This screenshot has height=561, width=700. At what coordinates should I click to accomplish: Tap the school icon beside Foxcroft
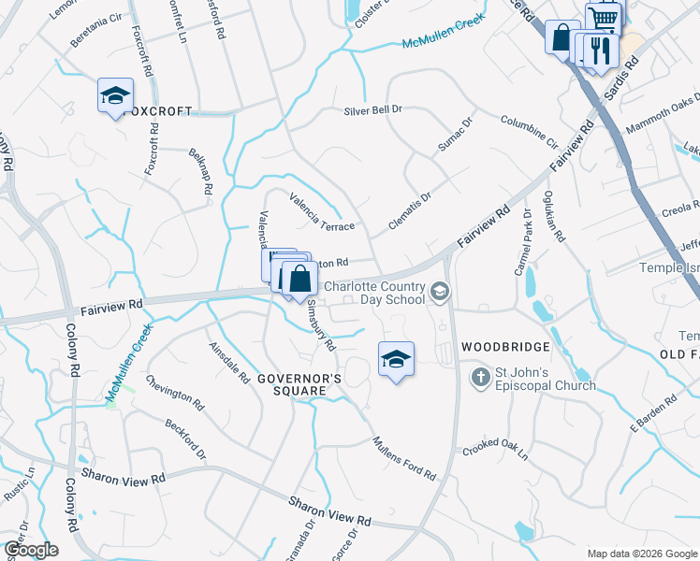(x=115, y=94)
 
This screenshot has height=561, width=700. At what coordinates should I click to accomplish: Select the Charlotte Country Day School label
(x=374, y=294)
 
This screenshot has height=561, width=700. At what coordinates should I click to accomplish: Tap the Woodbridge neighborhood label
(x=497, y=346)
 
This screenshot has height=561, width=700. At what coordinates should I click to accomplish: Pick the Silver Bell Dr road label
(x=372, y=109)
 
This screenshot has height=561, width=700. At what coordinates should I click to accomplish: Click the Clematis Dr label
(x=409, y=212)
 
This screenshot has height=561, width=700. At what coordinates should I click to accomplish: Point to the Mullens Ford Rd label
(x=403, y=457)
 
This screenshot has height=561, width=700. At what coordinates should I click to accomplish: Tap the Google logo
(x=30, y=550)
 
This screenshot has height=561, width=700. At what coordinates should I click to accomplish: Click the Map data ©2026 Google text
(x=640, y=554)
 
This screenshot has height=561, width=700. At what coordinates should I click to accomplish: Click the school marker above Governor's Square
(x=396, y=358)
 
